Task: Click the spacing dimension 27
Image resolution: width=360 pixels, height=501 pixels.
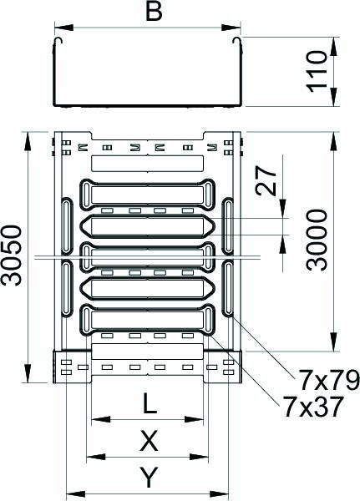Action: [x=266, y=182]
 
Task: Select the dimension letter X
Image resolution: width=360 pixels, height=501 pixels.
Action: [x=150, y=440]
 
